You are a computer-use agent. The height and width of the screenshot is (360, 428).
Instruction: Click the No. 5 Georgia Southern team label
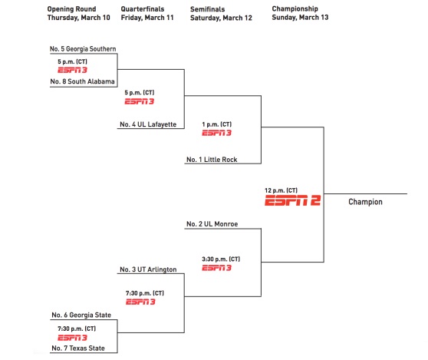[83, 49]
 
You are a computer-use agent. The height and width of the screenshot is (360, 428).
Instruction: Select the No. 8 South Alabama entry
[82, 81]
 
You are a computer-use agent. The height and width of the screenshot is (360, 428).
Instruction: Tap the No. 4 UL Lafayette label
[148, 124]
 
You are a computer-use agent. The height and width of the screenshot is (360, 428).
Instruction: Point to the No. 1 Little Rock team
[212, 160]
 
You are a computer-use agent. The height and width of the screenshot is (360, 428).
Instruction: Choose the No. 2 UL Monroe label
[212, 224]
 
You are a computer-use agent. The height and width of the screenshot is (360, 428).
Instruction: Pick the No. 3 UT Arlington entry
[148, 269]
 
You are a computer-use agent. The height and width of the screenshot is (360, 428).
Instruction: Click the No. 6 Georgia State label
[81, 315]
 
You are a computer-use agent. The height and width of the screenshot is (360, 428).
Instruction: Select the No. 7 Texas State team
[78, 348]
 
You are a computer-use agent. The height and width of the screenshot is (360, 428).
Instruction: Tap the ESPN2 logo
[292, 200]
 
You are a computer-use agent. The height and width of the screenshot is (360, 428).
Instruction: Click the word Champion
[365, 202]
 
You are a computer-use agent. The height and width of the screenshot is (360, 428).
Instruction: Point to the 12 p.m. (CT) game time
[281, 190]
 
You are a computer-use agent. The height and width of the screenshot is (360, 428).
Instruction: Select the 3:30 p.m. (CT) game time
[221, 259]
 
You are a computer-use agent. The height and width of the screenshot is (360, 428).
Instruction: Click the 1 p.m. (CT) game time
[217, 124]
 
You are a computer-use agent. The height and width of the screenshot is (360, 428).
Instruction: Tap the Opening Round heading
[71, 9]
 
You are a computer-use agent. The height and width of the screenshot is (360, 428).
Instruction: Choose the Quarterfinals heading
[143, 9]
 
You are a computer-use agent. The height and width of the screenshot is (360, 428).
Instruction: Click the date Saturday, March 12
[221, 18]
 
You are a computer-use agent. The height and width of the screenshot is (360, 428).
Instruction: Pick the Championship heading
[295, 9]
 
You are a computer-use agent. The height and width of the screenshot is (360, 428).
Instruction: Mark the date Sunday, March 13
[300, 18]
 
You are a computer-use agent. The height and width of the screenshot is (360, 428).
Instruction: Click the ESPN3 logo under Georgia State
[72, 338]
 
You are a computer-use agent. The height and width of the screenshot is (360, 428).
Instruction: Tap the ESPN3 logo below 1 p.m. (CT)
[217, 133]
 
